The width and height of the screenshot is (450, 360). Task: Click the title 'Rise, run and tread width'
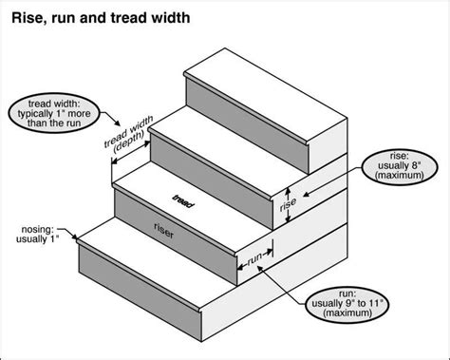[x=101, y=18]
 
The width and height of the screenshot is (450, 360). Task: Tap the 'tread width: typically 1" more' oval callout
[x=54, y=113]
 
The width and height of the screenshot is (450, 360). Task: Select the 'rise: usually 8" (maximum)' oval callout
[x=400, y=166]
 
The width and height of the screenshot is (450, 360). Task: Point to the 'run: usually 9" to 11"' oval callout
[x=347, y=304]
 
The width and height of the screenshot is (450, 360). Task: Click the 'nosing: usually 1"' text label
[x=37, y=235]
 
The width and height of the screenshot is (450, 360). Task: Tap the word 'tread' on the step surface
[x=183, y=200]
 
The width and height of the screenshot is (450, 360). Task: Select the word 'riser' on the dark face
[x=164, y=231]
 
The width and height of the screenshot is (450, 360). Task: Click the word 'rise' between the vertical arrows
[x=288, y=204]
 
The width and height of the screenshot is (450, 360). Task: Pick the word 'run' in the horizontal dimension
[x=255, y=258]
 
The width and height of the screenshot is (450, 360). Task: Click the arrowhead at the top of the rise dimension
[x=288, y=190]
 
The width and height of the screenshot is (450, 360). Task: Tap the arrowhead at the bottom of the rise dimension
[x=288, y=219]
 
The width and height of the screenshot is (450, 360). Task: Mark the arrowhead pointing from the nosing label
[x=75, y=237]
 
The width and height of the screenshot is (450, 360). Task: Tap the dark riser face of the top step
[x=247, y=126]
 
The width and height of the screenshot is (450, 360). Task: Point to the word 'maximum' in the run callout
[x=347, y=313]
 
